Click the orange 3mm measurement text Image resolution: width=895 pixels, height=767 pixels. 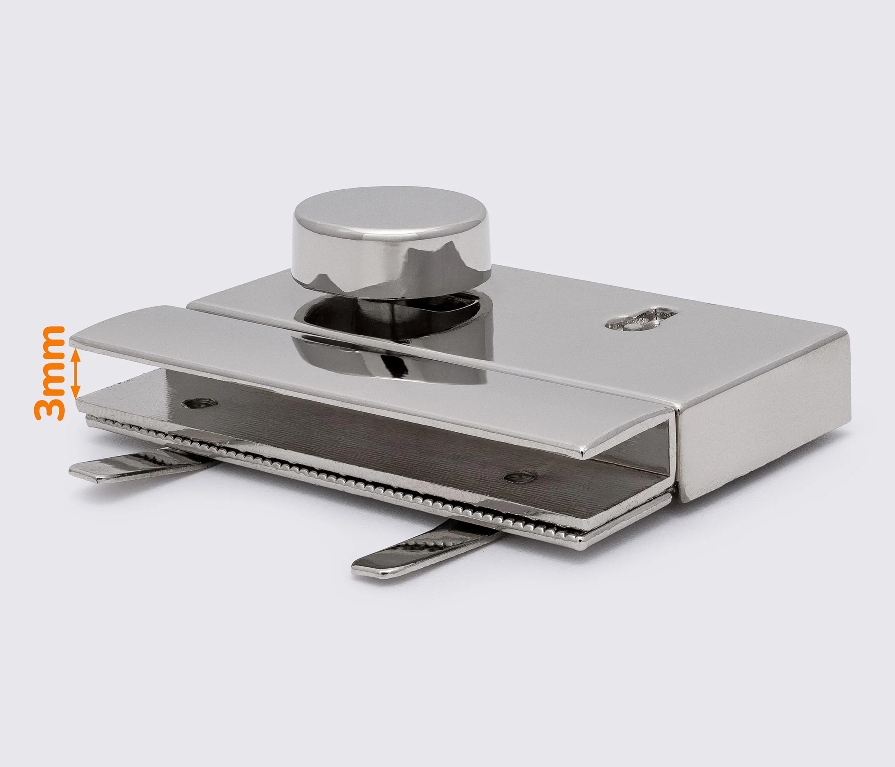point(49,373)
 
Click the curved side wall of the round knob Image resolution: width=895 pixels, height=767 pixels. point(391,268)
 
